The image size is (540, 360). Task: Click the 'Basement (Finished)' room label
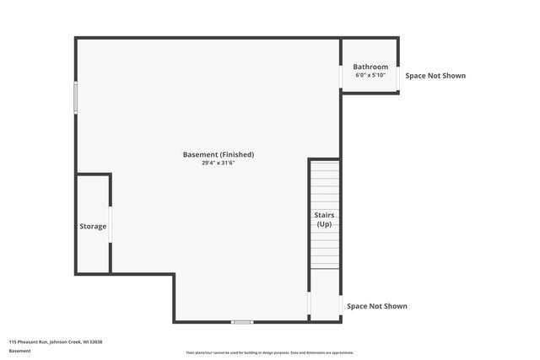click(x=218, y=154)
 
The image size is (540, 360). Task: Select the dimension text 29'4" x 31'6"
click(x=218, y=164)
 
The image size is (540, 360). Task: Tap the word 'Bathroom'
click(x=370, y=67)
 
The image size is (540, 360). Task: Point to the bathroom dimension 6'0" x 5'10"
click(x=370, y=75)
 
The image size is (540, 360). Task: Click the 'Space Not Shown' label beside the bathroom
click(x=435, y=76)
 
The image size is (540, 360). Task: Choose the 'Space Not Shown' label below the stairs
click(x=377, y=306)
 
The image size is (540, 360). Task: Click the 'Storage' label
click(x=93, y=226)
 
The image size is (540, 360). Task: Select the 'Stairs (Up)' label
click(x=324, y=219)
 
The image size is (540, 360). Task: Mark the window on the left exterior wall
click(x=76, y=98)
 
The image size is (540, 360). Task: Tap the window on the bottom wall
click(x=242, y=321)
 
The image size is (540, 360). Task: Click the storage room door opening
click(x=111, y=224)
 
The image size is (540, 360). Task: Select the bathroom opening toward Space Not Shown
click(x=398, y=76)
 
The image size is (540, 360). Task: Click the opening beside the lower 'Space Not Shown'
click(x=340, y=306)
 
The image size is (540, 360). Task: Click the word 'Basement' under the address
click(x=19, y=350)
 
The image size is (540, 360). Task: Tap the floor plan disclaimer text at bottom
click(x=270, y=352)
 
